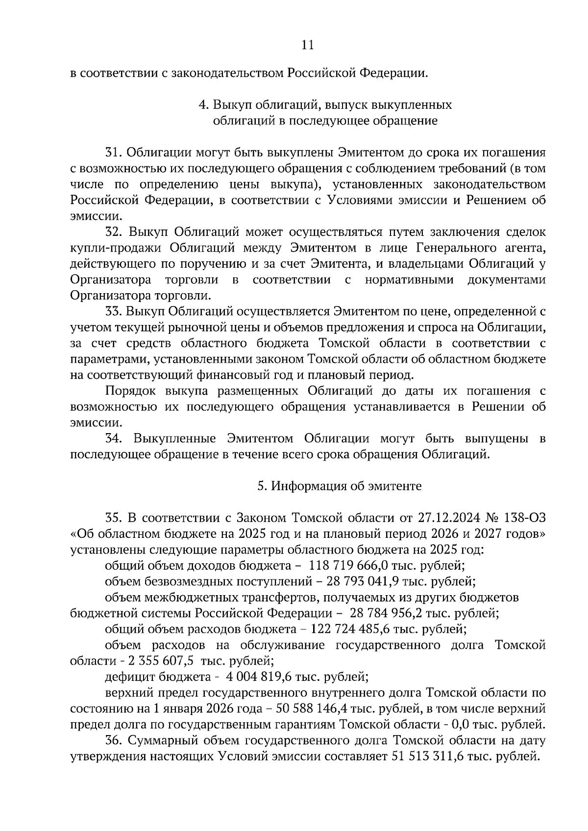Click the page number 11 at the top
tap(307, 46)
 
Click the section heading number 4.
tap(201, 105)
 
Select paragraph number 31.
tap(113, 153)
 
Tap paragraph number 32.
tap(114, 232)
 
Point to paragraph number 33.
tap(114, 312)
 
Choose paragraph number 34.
tap(114, 439)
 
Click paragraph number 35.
tap(113, 518)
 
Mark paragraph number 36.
tap(114, 741)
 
